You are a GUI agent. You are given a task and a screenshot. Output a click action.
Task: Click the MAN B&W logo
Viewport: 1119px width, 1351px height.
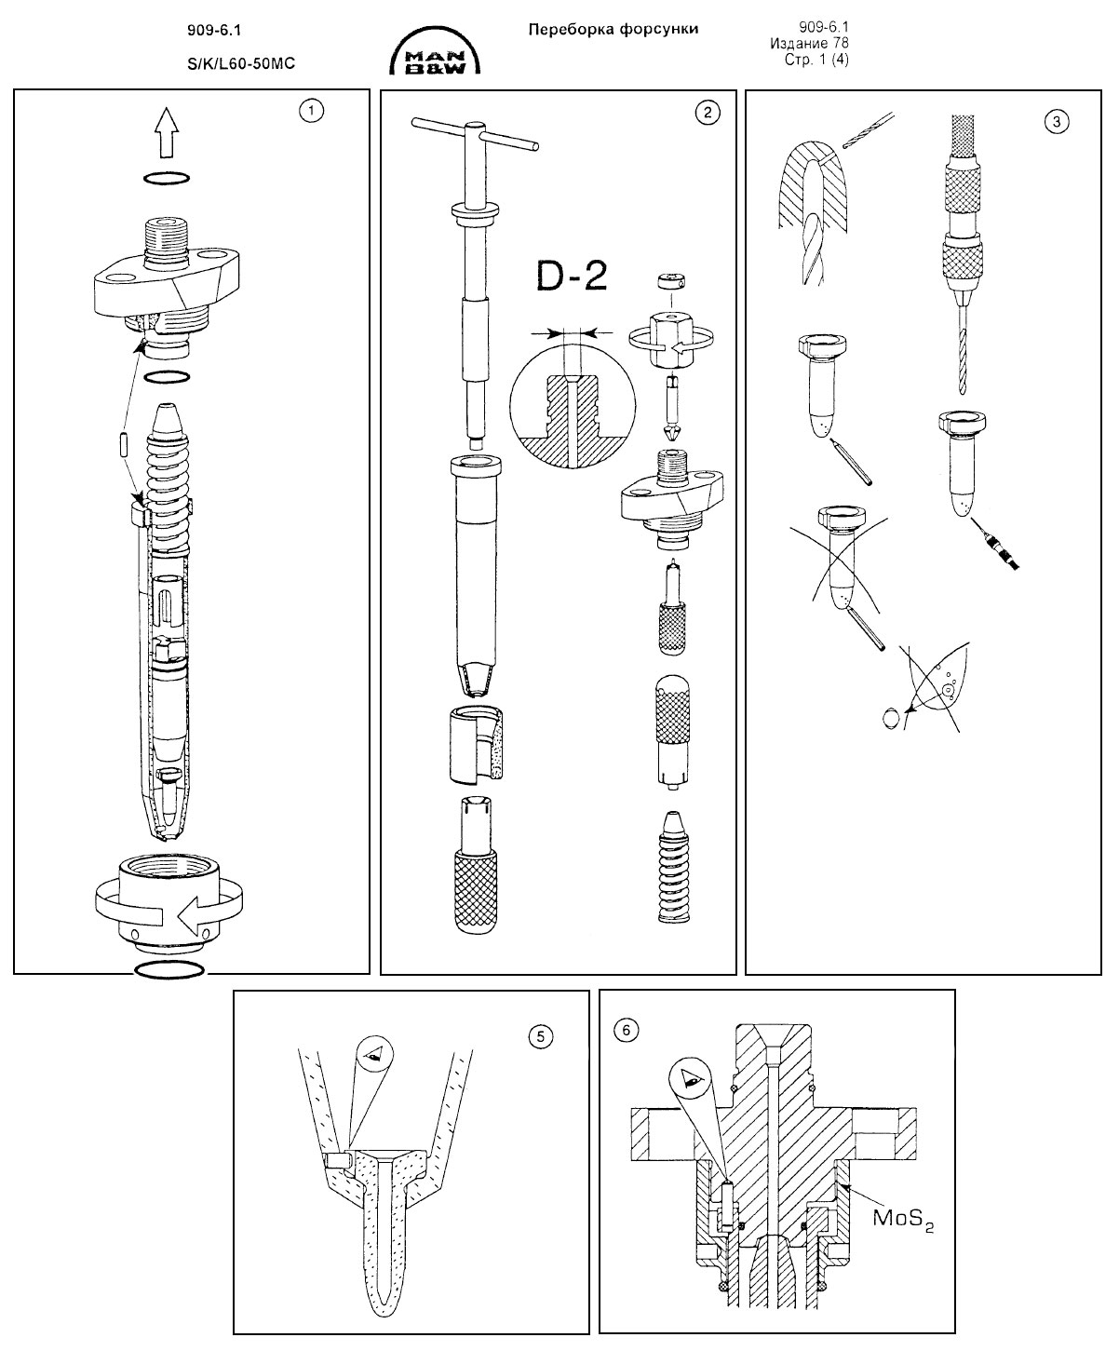pyautogui.click(x=436, y=54)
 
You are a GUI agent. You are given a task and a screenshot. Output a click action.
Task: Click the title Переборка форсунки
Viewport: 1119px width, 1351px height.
pyautogui.click(x=613, y=29)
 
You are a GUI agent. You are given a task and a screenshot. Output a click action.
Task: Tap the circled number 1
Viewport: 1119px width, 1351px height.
pyautogui.click(x=310, y=111)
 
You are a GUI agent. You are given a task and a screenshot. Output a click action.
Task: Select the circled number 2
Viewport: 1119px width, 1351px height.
pyautogui.click(x=707, y=113)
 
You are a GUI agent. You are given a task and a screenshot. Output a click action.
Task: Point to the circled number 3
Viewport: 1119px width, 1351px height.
pyautogui.click(x=1055, y=120)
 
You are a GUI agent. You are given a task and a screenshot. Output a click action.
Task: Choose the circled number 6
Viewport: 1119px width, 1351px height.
pyautogui.click(x=626, y=1030)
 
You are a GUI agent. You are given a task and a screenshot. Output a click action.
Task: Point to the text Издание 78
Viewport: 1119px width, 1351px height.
pyautogui.click(x=809, y=43)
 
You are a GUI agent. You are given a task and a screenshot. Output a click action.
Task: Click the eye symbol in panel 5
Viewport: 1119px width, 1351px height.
pyautogui.click(x=373, y=1054)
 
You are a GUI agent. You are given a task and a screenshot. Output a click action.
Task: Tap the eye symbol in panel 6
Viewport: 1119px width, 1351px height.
pyautogui.click(x=691, y=1080)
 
